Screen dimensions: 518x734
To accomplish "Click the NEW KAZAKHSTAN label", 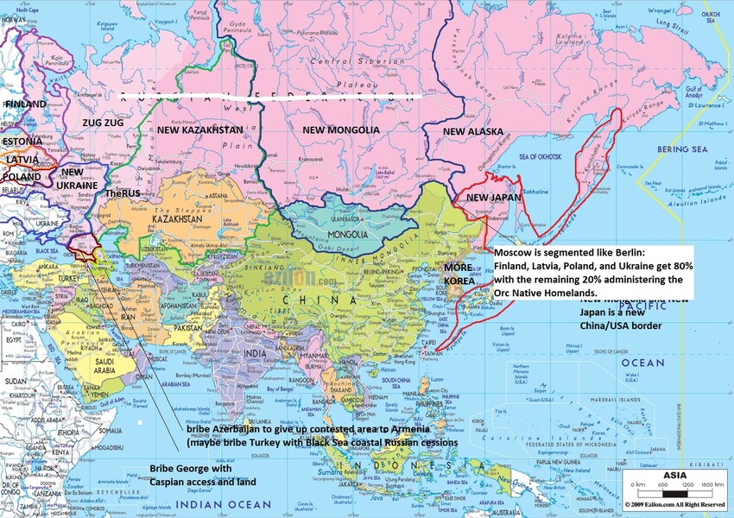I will pos(199,129).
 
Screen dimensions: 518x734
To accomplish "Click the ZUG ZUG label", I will pos(103,123).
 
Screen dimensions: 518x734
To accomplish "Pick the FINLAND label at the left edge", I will pos(25,104).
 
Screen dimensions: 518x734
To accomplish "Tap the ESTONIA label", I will pos(22,141).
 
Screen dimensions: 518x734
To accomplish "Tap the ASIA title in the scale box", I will pos(674,475).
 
